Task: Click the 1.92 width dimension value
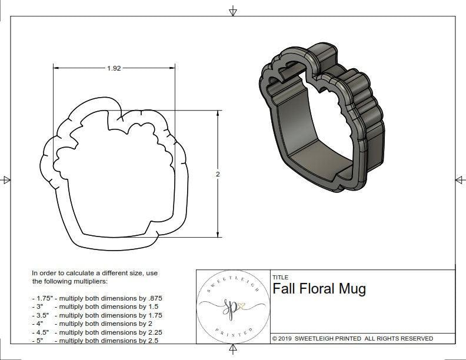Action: click(x=114, y=68)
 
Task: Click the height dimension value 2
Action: click(x=218, y=174)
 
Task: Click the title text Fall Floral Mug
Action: click(x=319, y=289)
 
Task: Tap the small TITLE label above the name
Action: click(x=280, y=277)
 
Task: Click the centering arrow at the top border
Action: click(x=233, y=11)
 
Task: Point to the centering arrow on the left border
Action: click(x=6, y=180)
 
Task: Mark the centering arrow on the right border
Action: click(x=460, y=180)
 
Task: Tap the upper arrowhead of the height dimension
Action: click(x=218, y=114)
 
